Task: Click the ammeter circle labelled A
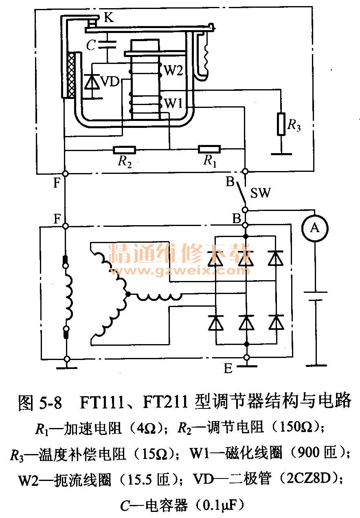[x=314, y=228]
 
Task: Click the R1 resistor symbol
[x=209, y=149]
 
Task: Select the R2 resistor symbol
[x=124, y=150]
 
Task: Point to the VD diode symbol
[x=92, y=83]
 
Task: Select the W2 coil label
[x=173, y=71]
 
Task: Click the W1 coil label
[x=173, y=104]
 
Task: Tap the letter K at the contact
[x=109, y=18]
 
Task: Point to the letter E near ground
[x=228, y=369]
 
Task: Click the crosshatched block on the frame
[x=72, y=75]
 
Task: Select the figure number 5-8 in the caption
[x=51, y=402]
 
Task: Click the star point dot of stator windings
[x=128, y=294]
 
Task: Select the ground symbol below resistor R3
[x=281, y=154]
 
